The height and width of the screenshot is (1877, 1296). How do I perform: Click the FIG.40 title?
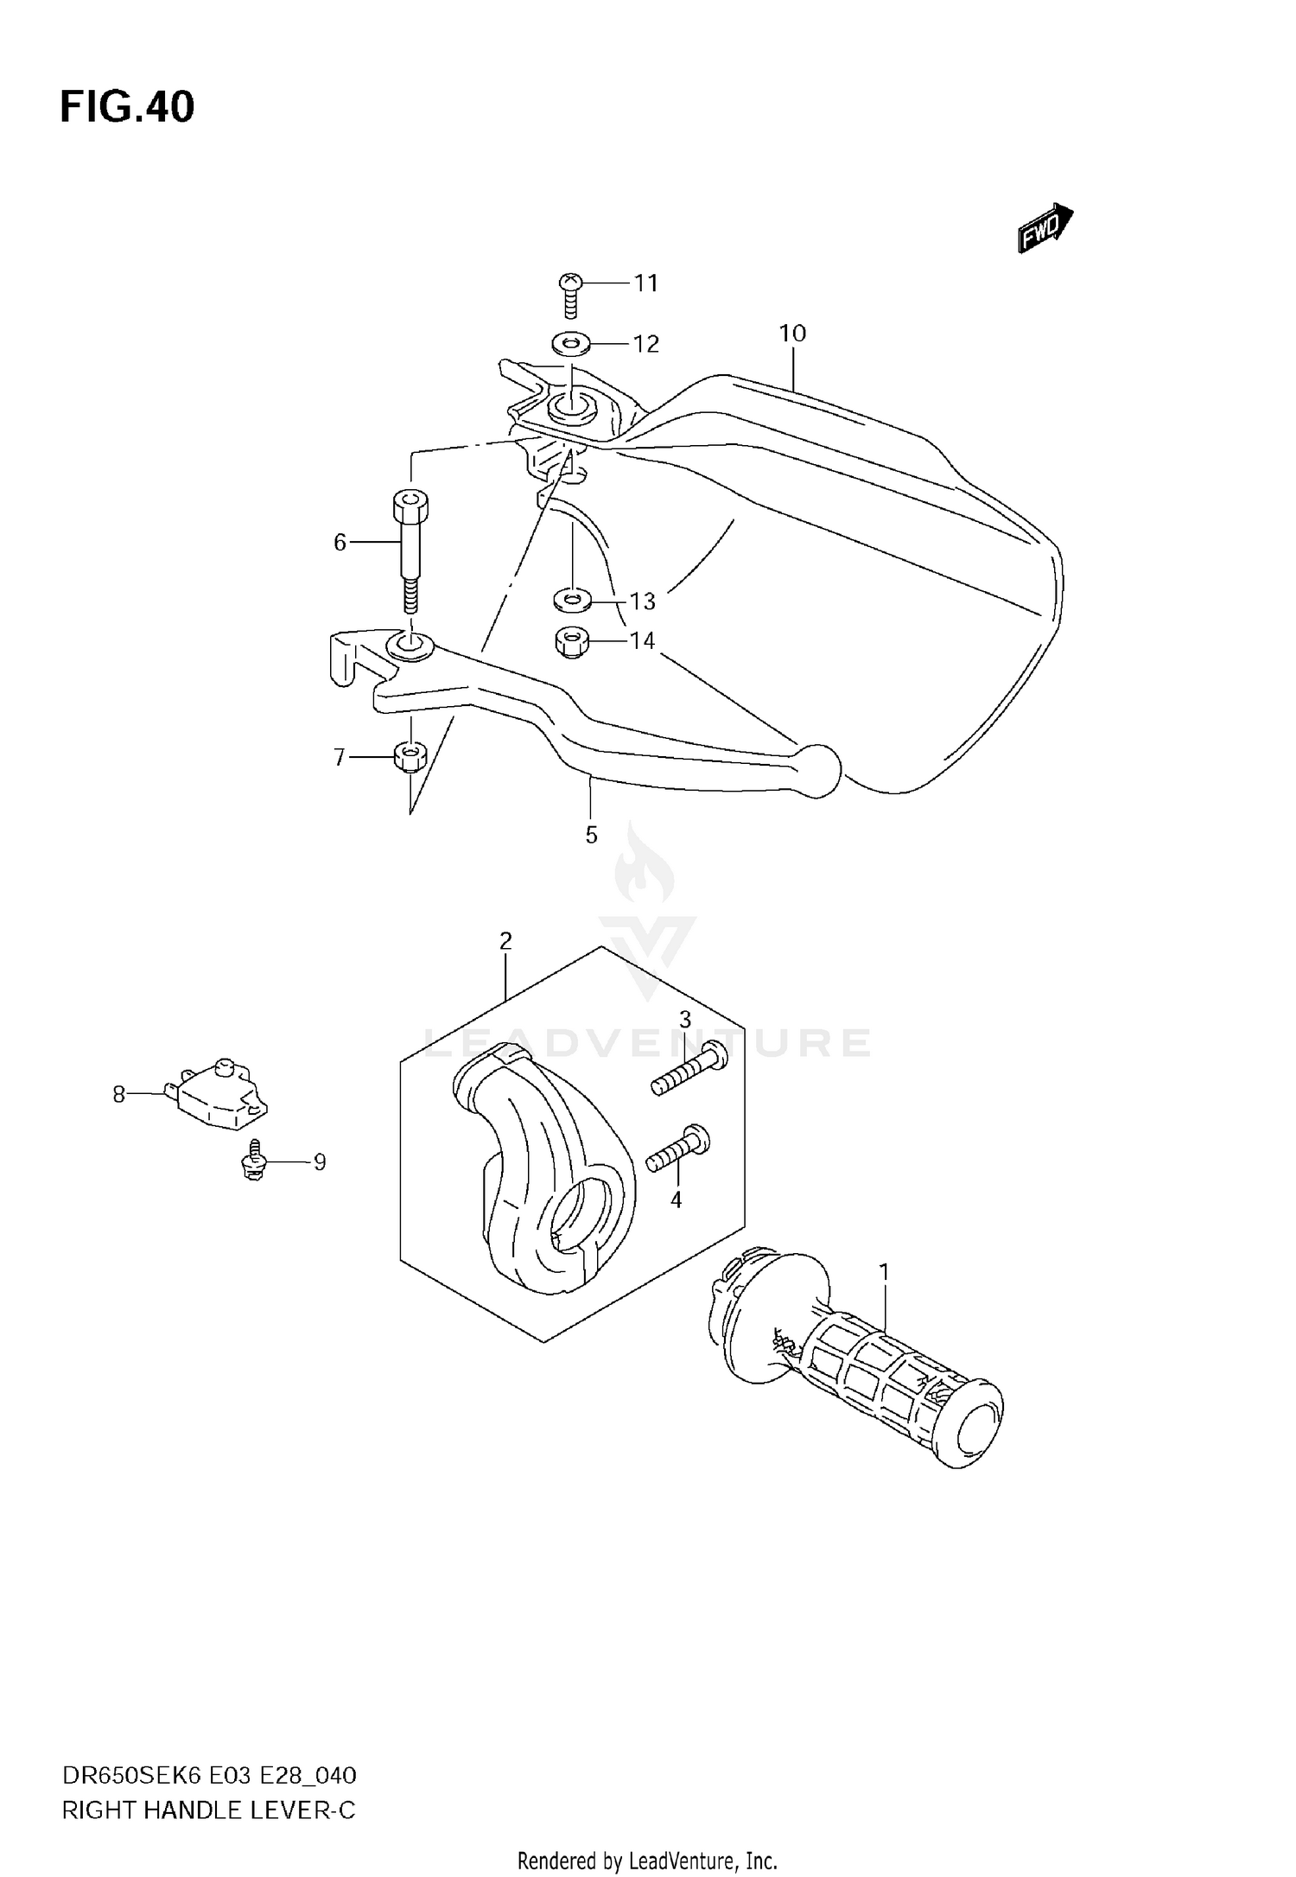(x=127, y=107)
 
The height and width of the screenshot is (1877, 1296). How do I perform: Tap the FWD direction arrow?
(x=1045, y=229)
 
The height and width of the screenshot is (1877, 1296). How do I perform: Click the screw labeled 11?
(x=570, y=293)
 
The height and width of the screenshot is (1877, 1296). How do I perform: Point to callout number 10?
(x=791, y=333)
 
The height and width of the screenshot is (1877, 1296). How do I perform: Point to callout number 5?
(x=591, y=835)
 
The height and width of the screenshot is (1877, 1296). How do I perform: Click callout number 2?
(x=505, y=941)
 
